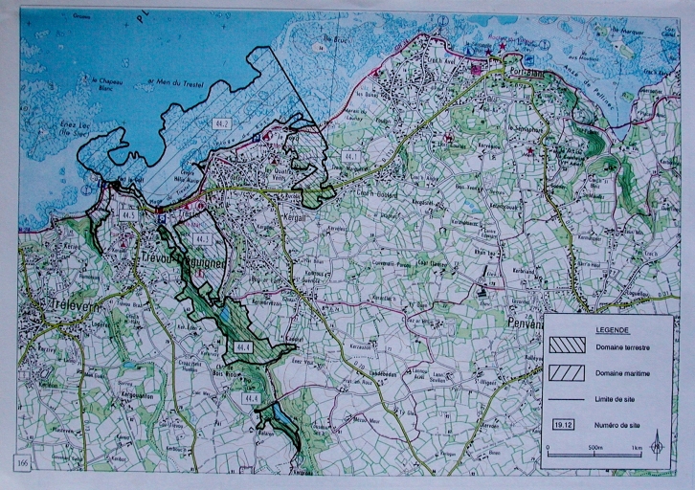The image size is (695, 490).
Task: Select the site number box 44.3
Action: tap(202, 237)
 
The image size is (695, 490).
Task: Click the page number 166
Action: tap(23, 461)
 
